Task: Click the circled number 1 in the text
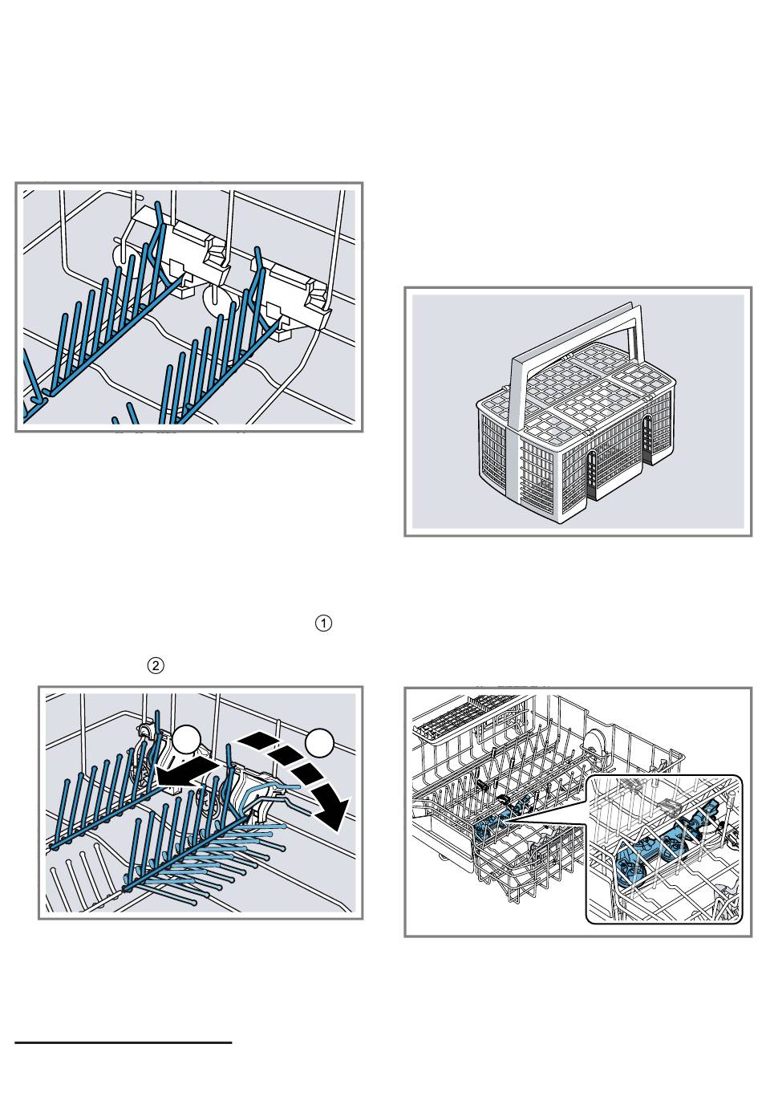(x=323, y=623)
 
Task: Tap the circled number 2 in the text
(x=156, y=665)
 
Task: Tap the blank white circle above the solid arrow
(x=185, y=739)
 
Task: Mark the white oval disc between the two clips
(x=218, y=301)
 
